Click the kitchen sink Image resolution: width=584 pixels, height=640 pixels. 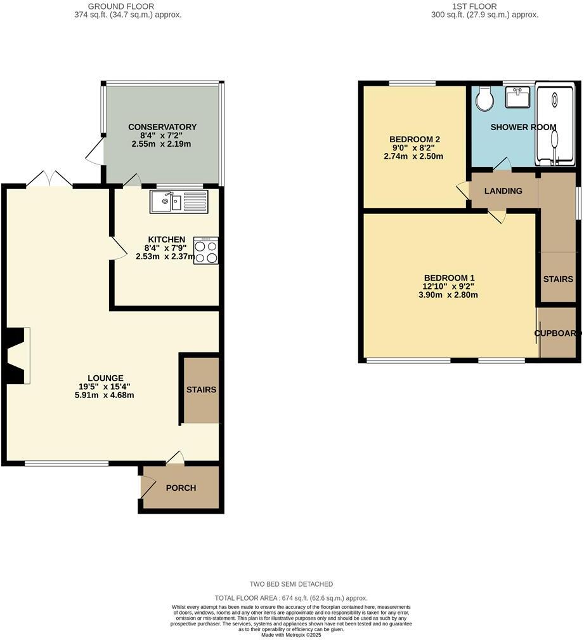(178, 202)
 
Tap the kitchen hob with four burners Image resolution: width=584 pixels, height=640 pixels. (206, 251)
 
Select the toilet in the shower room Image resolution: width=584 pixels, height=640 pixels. (485, 98)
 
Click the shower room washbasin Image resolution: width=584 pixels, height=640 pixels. (518, 98)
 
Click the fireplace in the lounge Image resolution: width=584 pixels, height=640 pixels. (18, 356)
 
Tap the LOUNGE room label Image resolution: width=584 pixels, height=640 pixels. (105, 377)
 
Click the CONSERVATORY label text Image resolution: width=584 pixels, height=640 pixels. (162, 127)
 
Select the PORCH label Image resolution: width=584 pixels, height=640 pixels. (181, 488)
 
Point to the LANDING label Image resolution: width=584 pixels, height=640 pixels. (503, 191)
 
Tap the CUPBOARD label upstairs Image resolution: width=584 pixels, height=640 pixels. (557, 333)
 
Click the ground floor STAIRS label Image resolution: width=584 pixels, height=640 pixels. (201, 389)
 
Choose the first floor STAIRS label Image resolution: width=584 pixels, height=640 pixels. (557, 279)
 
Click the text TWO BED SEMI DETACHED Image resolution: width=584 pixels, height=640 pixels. (291, 584)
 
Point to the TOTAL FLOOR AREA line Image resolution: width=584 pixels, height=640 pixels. (291, 598)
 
